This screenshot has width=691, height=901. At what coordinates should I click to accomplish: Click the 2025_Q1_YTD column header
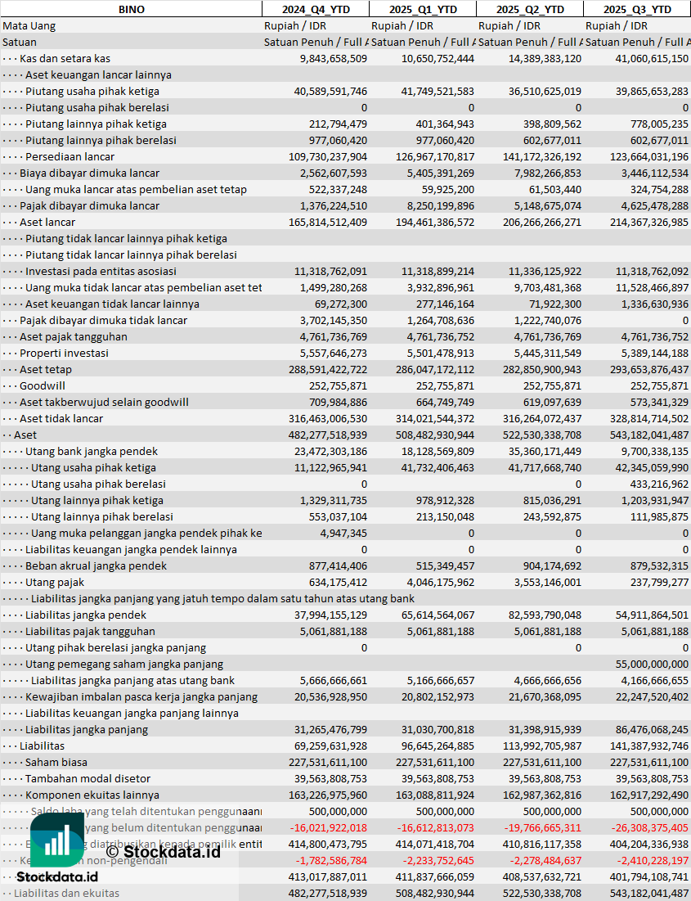point(422,9)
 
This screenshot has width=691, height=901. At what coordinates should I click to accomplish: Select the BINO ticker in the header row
point(132,9)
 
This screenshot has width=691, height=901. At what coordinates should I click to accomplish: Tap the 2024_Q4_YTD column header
point(315,9)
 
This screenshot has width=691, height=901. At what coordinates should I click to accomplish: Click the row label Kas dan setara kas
point(65,58)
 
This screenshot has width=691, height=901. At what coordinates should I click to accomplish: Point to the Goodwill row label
point(43,385)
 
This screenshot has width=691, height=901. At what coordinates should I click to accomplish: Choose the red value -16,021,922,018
point(329,827)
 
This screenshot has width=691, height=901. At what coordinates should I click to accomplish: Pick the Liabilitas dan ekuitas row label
point(66,893)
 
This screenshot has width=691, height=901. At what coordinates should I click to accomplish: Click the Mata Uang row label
point(29,25)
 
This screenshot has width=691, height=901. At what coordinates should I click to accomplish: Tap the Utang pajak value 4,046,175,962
point(433,582)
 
